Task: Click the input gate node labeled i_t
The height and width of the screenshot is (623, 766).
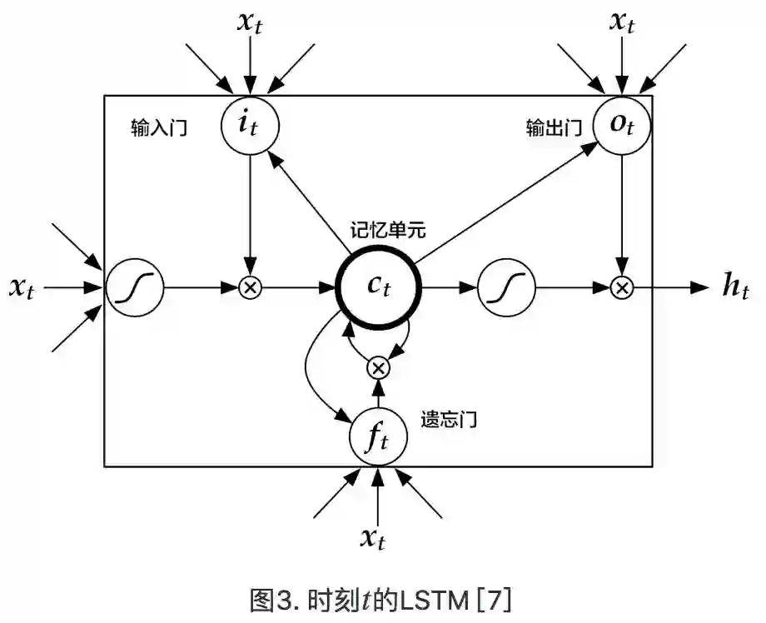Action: click(250, 125)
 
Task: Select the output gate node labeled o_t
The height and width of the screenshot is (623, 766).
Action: click(620, 125)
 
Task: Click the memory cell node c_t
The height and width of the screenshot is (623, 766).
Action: click(379, 287)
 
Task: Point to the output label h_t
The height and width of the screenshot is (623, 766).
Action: click(734, 287)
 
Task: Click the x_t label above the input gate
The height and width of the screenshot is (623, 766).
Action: click(250, 22)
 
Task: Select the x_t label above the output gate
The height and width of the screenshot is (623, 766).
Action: click(620, 22)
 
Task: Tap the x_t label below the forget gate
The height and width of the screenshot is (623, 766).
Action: click(377, 537)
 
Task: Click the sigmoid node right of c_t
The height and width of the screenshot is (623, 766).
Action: click(505, 288)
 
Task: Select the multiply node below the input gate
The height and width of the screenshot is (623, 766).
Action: click(250, 288)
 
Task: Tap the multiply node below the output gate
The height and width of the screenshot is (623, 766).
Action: click(620, 288)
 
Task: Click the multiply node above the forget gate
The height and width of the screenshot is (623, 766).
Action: click(379, 366)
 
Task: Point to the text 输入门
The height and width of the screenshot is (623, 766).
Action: click(158, 129)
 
